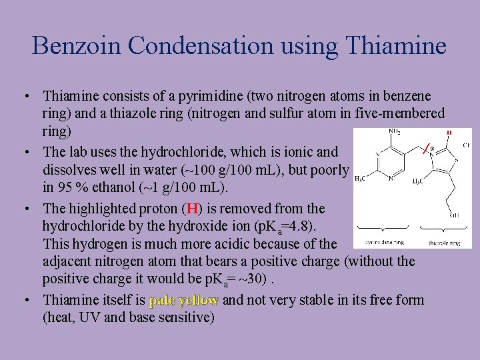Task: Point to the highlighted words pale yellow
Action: pos(183,300)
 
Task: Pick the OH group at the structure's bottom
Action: pos(455,215)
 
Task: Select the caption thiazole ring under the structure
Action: pos(444,243)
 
